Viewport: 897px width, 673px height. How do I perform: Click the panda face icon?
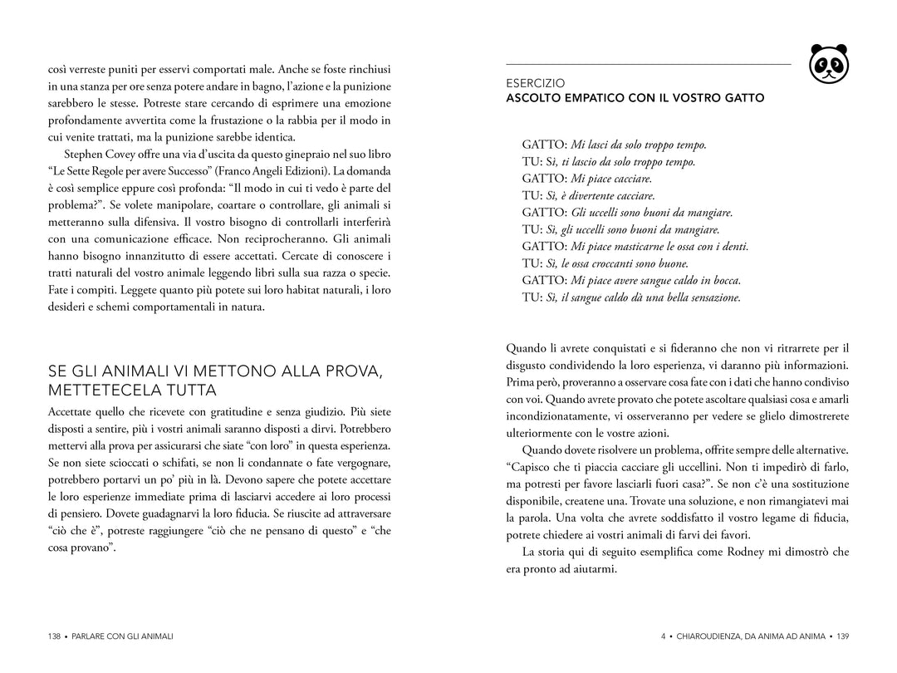point(829,63)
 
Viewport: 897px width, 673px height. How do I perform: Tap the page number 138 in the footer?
point(55,636)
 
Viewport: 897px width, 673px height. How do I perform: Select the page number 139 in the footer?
point(842,636)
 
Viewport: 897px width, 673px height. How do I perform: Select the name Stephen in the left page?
point(84,155)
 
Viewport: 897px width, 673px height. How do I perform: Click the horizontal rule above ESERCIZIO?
point(648,64)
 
